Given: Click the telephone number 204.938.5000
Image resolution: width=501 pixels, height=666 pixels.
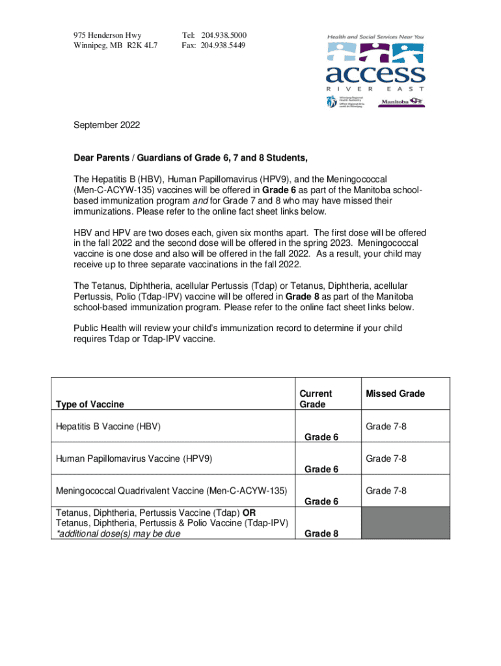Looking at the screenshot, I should click(224, 34).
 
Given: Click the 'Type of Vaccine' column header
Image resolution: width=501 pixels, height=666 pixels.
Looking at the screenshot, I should click(90, 405).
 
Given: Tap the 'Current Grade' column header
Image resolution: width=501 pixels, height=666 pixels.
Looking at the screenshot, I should click(315, 399).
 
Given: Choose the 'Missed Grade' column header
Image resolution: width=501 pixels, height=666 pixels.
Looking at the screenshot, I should click(395, 393).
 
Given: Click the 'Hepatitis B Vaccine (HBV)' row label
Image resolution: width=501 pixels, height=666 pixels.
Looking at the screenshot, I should click(108, 426).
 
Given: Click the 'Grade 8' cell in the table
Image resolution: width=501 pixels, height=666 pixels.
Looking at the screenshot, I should click(321, 533).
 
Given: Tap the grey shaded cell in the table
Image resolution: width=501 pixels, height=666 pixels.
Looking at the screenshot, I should click(405, 522).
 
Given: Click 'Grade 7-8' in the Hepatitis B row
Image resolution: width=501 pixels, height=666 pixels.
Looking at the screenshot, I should click(386, 426).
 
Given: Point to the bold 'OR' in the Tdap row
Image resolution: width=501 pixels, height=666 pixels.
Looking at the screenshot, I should click(249, 511).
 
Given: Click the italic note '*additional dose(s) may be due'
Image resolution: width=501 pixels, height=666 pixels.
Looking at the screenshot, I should click(118, 533).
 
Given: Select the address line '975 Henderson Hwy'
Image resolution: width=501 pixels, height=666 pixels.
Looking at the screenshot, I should click(107, 34).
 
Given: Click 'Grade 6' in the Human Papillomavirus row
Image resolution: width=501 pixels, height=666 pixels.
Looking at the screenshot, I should click(321, 469).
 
